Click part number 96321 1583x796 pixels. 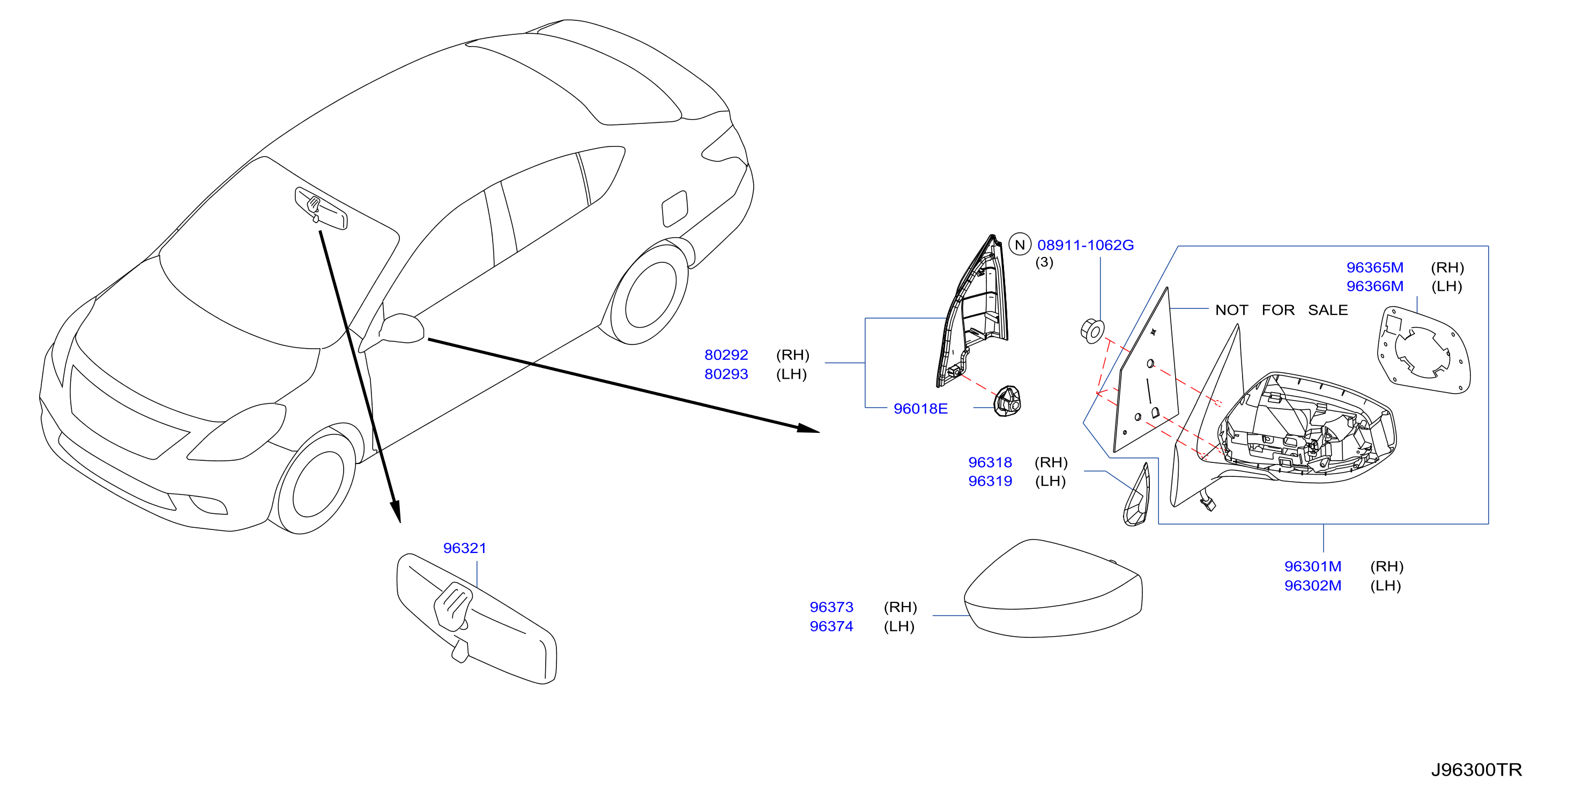pos(465,548)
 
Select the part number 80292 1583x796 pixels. pos(726,355)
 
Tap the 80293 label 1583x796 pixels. pos(726,374)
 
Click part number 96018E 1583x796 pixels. pos(920,409)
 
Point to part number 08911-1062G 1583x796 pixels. pos(1085,245)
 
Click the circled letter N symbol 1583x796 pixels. pos(1020,245)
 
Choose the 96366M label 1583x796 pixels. pos(1374,286)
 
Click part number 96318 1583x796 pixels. pos(990,462)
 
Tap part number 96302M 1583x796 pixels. pos(1313,585)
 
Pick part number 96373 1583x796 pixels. pos(831,607)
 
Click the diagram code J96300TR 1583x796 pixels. pos(1476,770)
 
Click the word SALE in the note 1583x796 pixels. pos(1327,310)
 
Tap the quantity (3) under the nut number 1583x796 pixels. pos(1044,262)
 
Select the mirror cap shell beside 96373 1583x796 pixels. pos(1053,589)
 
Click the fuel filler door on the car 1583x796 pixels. pos(674,208)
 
